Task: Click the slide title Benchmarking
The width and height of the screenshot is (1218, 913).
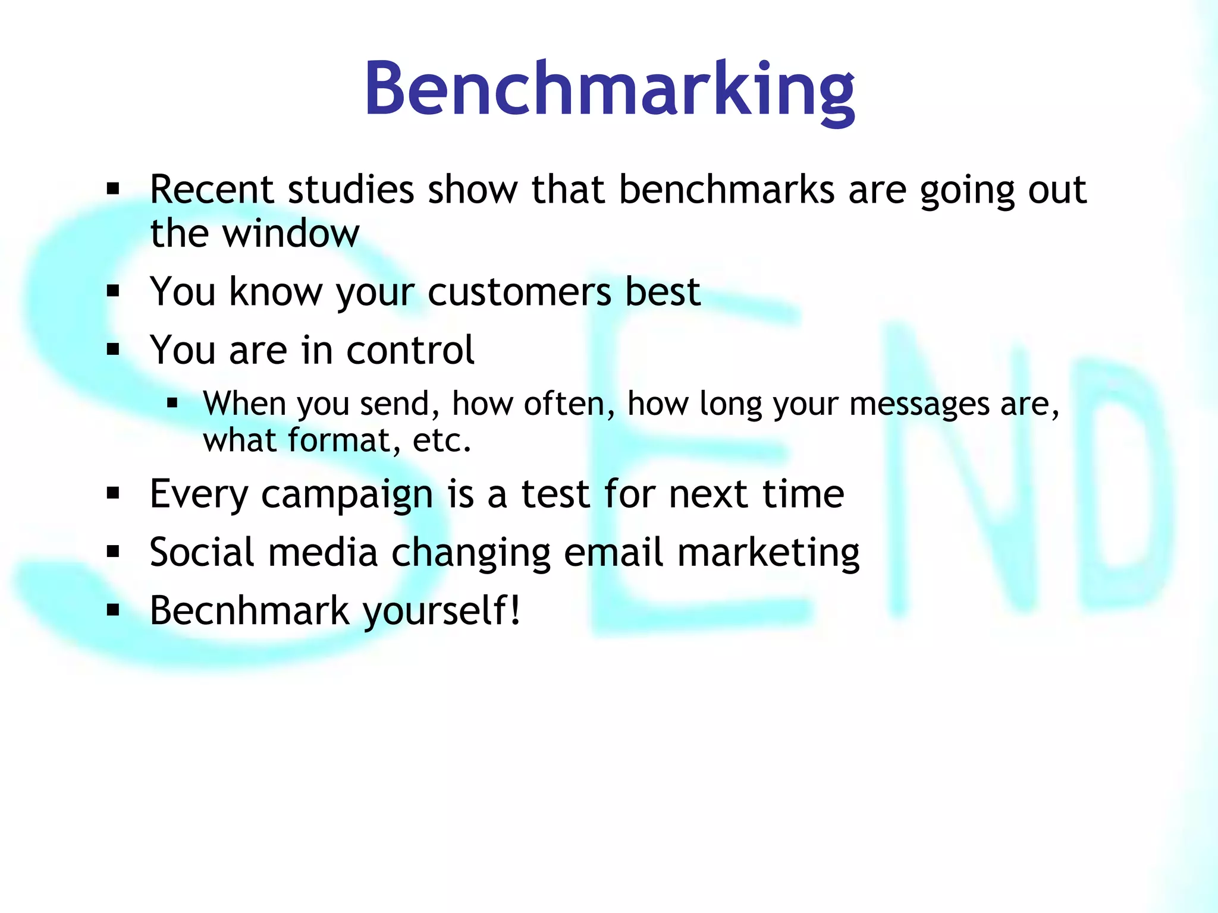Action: point(609,89)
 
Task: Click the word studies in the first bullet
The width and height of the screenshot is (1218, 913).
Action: point(351,190)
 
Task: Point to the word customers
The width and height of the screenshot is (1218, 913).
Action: point(519,292)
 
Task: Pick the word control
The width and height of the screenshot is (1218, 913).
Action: point(410,350)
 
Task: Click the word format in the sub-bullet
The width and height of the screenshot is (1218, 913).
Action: point(338,440)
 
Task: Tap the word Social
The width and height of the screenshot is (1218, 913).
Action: point(202,552)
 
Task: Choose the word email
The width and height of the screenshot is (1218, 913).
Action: point(613,552)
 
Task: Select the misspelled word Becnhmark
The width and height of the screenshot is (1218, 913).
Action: point(250,610)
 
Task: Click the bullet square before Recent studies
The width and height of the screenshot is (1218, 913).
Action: point(113,190)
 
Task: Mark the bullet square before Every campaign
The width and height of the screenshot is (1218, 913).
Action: point(113,493)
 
